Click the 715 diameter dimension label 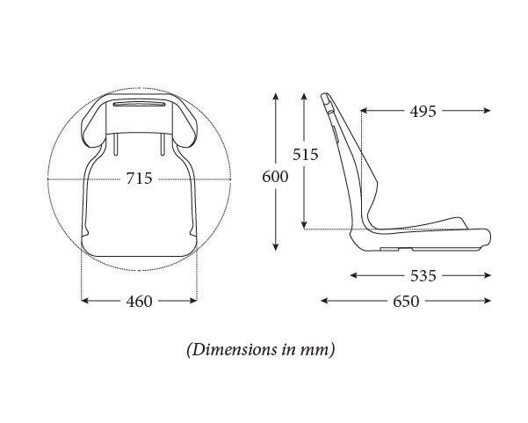[x=139, y=179]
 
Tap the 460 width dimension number [x=139, y=301]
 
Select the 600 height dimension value [x=275, y=177]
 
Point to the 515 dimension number [x=305, y=155]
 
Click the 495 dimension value [x=423, y=111]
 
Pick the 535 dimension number [x=423, y=276]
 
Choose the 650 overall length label [x=406, y=301]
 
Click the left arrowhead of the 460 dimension [x=84, y=300]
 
